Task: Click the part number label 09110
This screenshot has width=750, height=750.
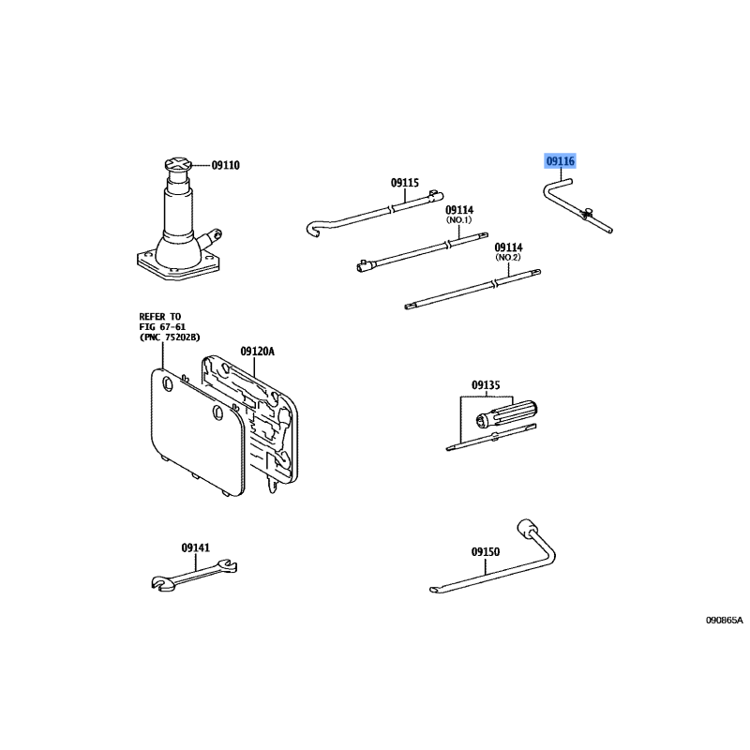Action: click(225, 166)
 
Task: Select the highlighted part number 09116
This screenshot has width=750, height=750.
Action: click(560, 161)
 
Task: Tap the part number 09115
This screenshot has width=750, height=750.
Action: click(405, 183)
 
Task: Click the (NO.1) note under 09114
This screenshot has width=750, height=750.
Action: click(459, 220)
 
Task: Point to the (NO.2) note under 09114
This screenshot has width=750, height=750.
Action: click(508, 257)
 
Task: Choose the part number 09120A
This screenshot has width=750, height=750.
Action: click(257, 352)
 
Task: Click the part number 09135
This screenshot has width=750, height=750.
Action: click(486, 385)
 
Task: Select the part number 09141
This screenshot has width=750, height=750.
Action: click(195, 547)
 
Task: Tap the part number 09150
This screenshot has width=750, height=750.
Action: click(486, 552)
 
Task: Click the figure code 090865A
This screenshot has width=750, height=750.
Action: click(725, 621)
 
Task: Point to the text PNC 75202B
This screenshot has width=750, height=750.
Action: click(170, 337)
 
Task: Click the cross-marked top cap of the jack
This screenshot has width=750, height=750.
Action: click(178, 166)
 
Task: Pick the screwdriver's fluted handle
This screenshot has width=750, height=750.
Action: click(506, 414)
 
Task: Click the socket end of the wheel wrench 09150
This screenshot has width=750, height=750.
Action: click(527, 528)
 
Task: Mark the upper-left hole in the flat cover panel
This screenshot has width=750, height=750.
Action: click(168, 382)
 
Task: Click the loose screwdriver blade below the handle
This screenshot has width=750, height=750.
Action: click(491, 437)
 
